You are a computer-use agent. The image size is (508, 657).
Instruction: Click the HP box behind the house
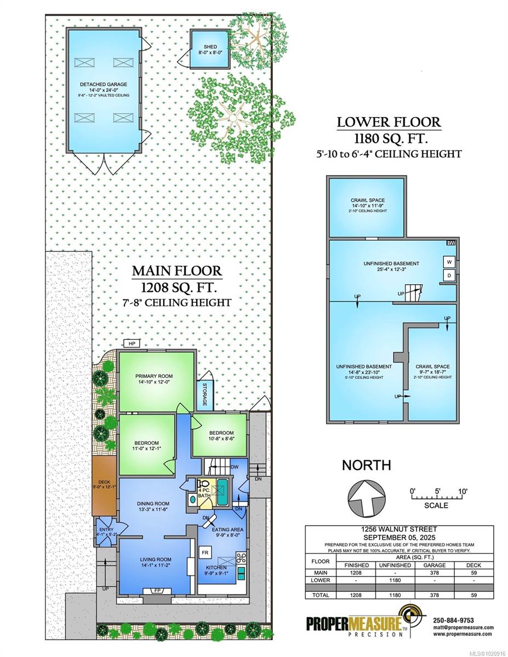pos(132,343)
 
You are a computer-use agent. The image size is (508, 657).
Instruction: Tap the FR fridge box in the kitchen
pos(205,552)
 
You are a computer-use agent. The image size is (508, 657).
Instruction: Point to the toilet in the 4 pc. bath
pos(202,484)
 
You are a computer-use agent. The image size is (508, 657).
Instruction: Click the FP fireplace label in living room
pos(157,590)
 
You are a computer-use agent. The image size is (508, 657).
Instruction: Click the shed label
pos(210,47)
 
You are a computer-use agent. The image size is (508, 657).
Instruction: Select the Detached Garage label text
pos(104,84)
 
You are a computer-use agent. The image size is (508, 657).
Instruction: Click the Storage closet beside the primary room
pos(205,395)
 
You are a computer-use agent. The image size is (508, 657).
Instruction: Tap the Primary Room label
pos(154,376)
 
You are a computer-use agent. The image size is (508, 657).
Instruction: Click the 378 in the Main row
pos(434,573)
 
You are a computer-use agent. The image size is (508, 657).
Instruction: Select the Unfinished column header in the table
pos(395,565)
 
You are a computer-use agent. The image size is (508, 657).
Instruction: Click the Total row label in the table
pos(321,595)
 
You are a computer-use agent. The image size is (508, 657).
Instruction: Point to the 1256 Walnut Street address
pos(399,529)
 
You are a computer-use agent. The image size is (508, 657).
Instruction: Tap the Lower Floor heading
pos(389,122)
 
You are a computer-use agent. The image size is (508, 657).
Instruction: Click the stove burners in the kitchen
pos(241,557)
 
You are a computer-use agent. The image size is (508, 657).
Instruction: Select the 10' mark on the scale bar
pos(462,491)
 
